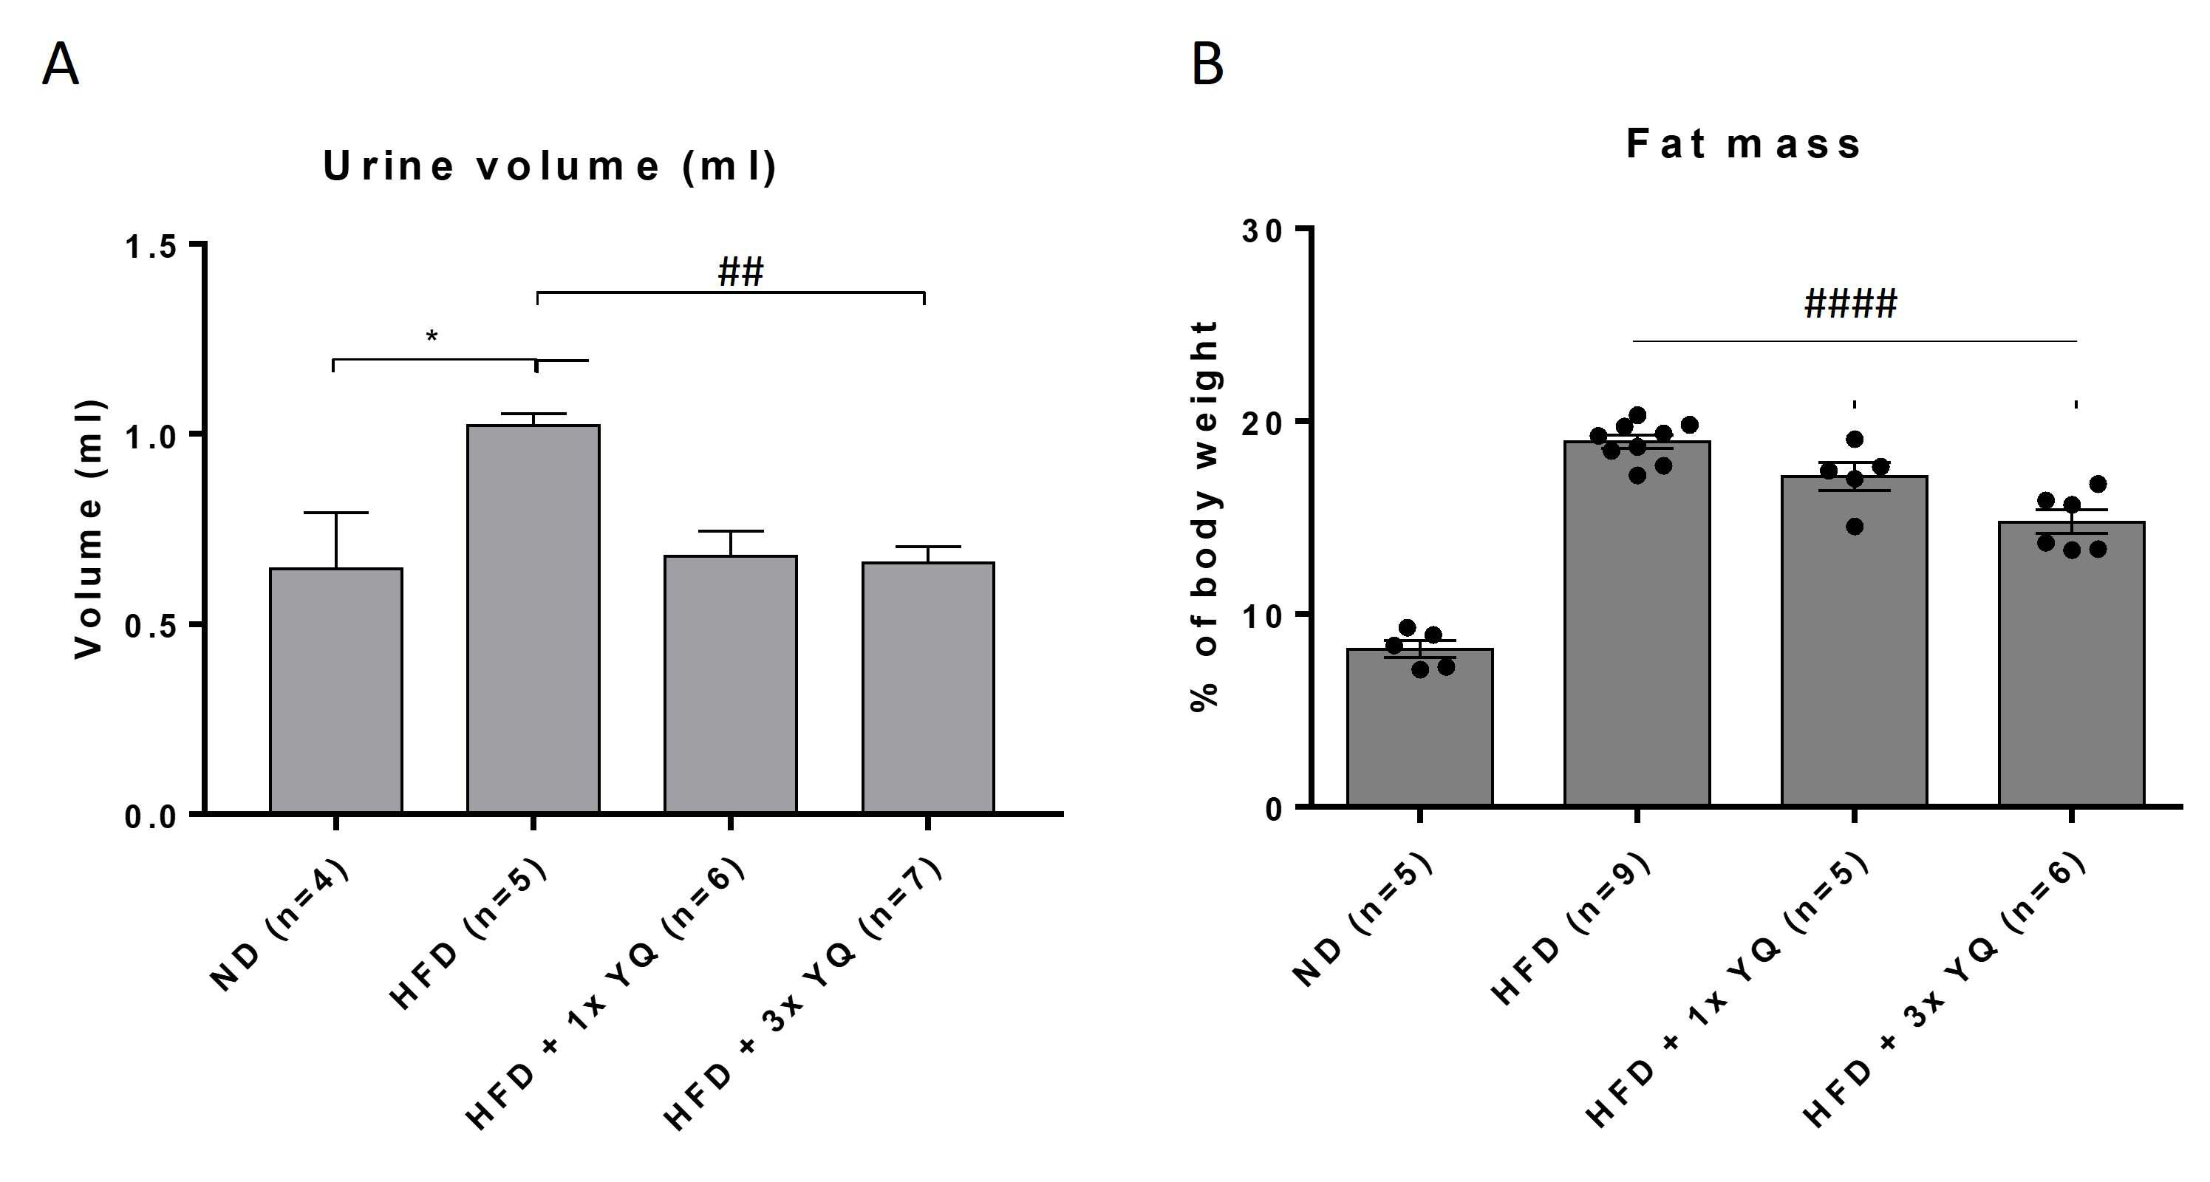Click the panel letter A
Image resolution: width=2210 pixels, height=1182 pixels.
pos(60,64)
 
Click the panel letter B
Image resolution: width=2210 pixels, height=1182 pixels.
pos(1207,64)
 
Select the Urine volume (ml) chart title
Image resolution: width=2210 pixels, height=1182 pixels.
pos(550,165)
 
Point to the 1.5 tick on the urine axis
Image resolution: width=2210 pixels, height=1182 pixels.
pos(150,247)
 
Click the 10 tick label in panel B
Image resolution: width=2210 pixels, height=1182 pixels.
pos(1263,615)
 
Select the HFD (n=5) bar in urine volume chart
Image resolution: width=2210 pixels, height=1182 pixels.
pos(533,618)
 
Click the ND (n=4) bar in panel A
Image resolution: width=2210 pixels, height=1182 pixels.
pos(336,691)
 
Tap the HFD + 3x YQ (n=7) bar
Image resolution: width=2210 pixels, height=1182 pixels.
pos(928,687)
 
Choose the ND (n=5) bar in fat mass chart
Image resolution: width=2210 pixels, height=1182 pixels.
pos(1420,726)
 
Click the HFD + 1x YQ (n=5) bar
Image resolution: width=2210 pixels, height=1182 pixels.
pos(1854,640)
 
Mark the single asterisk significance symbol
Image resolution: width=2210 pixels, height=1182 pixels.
pos(432,336)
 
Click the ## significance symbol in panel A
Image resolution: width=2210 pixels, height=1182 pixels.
pos(740,272)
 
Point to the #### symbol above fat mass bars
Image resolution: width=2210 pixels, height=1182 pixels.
pos(1850,304)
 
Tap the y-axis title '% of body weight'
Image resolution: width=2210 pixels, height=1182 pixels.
pos(1204,516)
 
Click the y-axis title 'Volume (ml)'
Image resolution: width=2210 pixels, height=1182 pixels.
pos(89,529)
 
